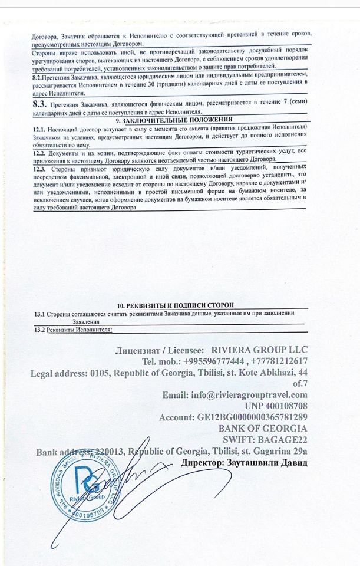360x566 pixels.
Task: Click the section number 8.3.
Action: (41, 103)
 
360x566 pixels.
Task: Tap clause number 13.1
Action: (39, 314)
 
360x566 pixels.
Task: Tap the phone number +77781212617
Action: (278, 361)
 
